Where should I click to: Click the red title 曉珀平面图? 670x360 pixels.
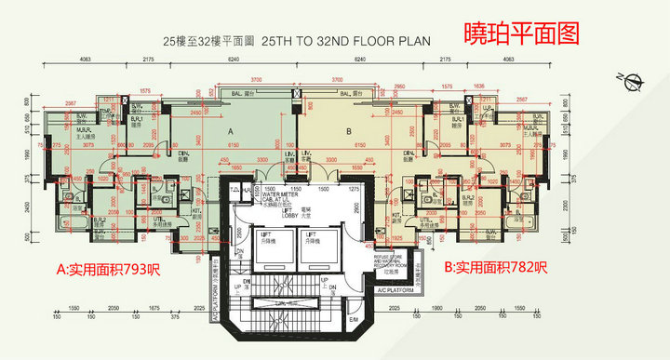pyautogui.click(x=522, y=33)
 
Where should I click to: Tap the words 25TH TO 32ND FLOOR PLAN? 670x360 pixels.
pyautogui.click(x=343, y=42)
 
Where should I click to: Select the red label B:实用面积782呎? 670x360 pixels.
pyautogui.click(x=495, y=269)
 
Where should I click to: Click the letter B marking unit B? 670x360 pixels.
pyautogui.click(x=348, y=132)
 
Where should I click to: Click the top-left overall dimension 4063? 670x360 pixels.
pyautogui.click(x=85, y=59)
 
